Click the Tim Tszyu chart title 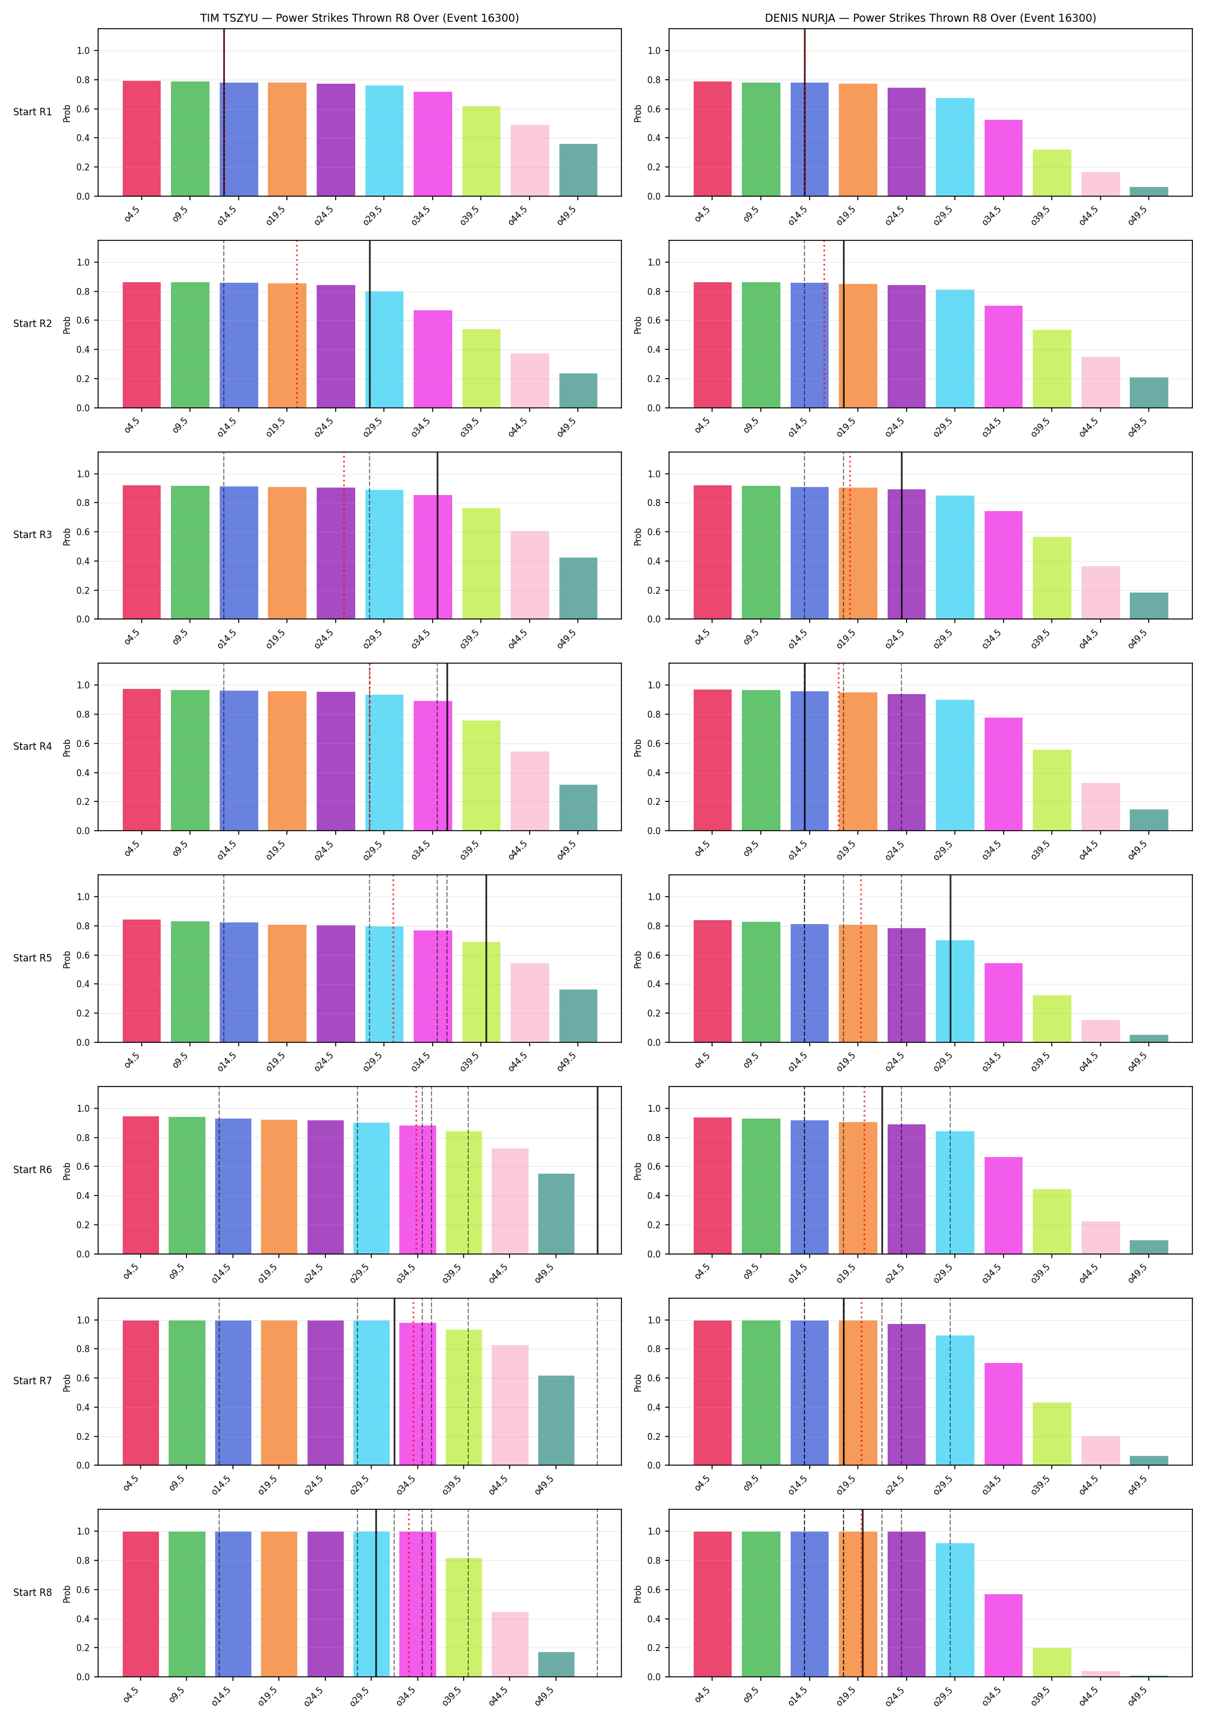coord(359,18)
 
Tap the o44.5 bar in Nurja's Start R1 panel coord(1100,184)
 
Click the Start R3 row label coord(33,535)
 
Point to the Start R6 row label coord(33,1169)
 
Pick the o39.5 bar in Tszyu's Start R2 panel coord(481,368)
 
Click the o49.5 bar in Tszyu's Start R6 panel coord(557,1213)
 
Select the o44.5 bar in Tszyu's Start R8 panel coord(510,1645)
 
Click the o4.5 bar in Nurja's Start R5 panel coord(712,981)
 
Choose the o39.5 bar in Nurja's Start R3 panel coord(1052,578)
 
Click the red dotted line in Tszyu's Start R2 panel coord(297,324)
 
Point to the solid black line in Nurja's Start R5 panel coord(950,959)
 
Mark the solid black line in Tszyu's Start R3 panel coord(438,535)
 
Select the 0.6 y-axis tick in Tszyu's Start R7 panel coord(83,1379)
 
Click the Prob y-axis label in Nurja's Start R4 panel coord(638,747)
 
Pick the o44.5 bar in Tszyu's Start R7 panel coord(510,1405)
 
